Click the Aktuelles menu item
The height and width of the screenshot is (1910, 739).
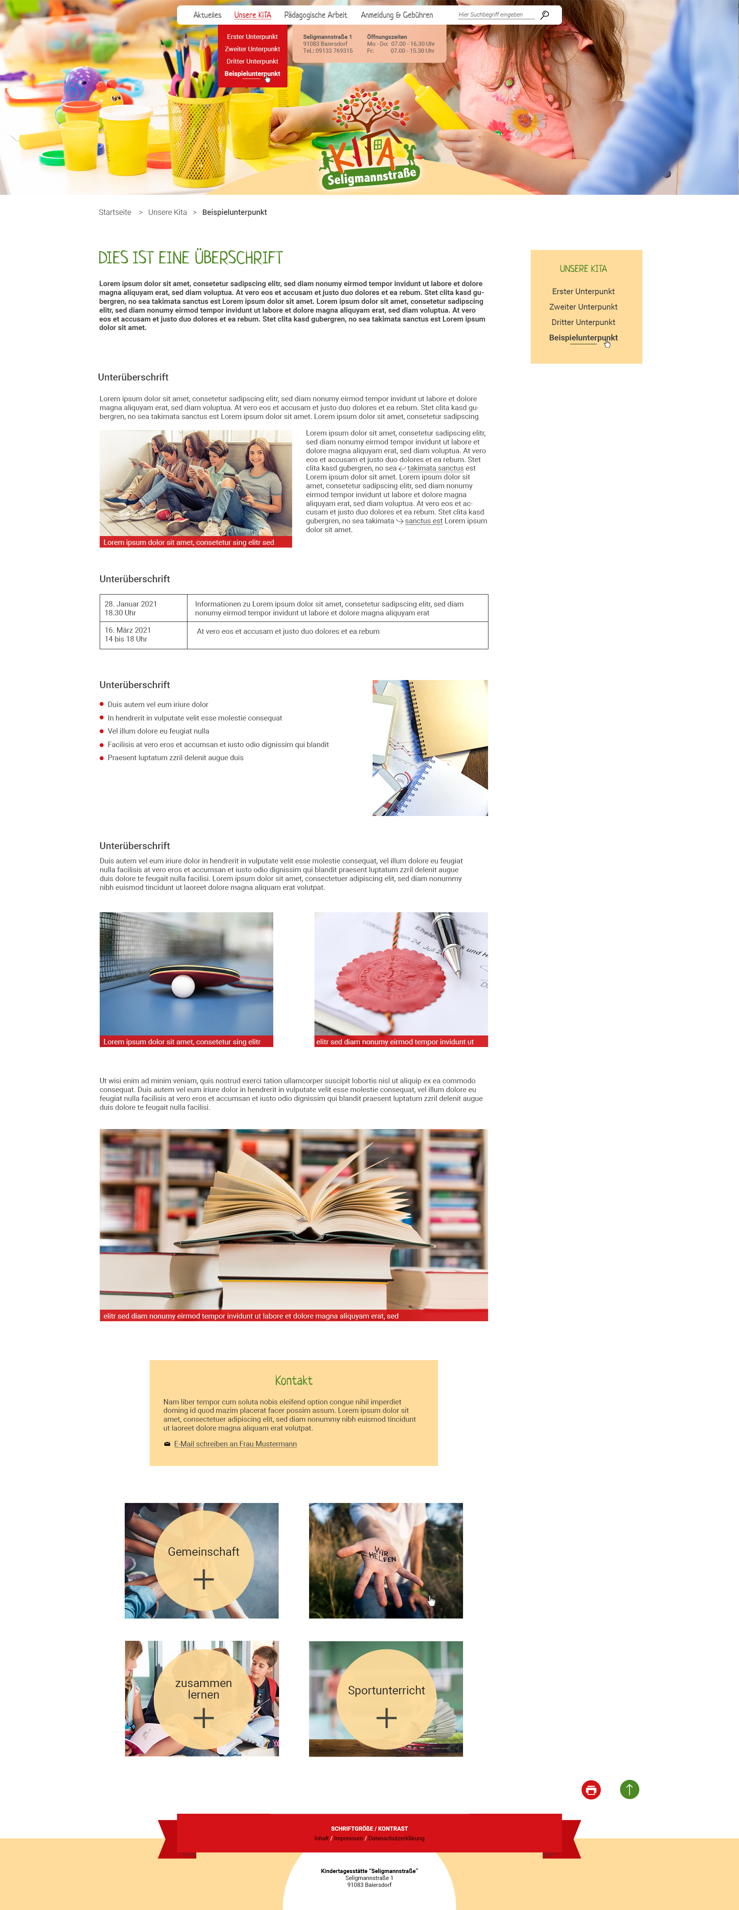point(207,15)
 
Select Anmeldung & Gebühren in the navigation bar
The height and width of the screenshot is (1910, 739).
point(396,15)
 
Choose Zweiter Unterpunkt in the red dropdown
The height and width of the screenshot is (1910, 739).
point(252,49)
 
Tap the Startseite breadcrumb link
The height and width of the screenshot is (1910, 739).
point(115,212)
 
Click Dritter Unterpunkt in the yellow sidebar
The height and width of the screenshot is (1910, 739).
point(584,323)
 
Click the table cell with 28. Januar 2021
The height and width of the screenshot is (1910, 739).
point(143,608)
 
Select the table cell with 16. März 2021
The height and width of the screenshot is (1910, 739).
point(143,635)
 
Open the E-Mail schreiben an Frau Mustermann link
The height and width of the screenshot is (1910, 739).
point(235,1444)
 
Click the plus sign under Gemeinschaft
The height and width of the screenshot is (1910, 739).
point(204,1579)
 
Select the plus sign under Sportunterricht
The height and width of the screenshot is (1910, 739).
point(386,1718)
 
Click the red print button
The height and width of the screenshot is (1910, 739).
point(591,1790)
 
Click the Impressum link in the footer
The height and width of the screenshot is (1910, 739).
point(348,1838)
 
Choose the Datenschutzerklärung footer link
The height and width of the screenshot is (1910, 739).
point(396,1838)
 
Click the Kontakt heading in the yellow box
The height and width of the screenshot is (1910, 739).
point(294,1381)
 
